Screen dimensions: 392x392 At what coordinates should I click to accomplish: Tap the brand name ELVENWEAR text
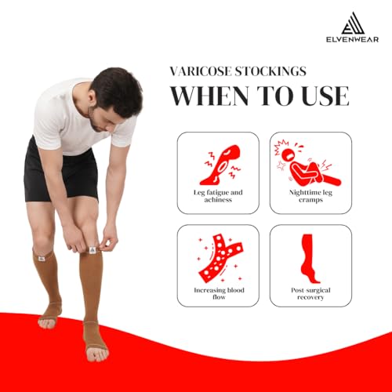point(352,39)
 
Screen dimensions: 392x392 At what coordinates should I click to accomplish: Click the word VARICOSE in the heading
point(201,71)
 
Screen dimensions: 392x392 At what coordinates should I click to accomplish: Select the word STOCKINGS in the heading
point(270,71)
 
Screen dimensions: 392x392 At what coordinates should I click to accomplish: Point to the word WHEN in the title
point(209,96)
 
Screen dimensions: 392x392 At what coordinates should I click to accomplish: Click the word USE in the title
point(325,96)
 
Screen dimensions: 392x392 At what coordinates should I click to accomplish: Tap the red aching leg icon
point(222,165)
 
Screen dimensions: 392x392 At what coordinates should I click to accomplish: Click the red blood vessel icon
point(221,259)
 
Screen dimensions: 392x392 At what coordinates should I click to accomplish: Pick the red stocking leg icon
point(310,259)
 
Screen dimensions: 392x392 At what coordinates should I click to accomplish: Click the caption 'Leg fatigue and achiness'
point(218,196)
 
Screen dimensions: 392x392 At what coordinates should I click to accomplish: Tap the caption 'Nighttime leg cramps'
point(310,196)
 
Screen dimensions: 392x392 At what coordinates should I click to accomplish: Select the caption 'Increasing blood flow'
point(219,293)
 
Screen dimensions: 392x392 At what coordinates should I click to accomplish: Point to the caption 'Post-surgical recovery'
point(310,293)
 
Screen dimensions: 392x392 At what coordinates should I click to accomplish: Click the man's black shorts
point(60,173)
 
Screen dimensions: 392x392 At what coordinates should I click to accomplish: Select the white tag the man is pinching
point(92,250)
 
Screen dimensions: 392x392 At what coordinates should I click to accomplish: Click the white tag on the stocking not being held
point(42,259)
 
